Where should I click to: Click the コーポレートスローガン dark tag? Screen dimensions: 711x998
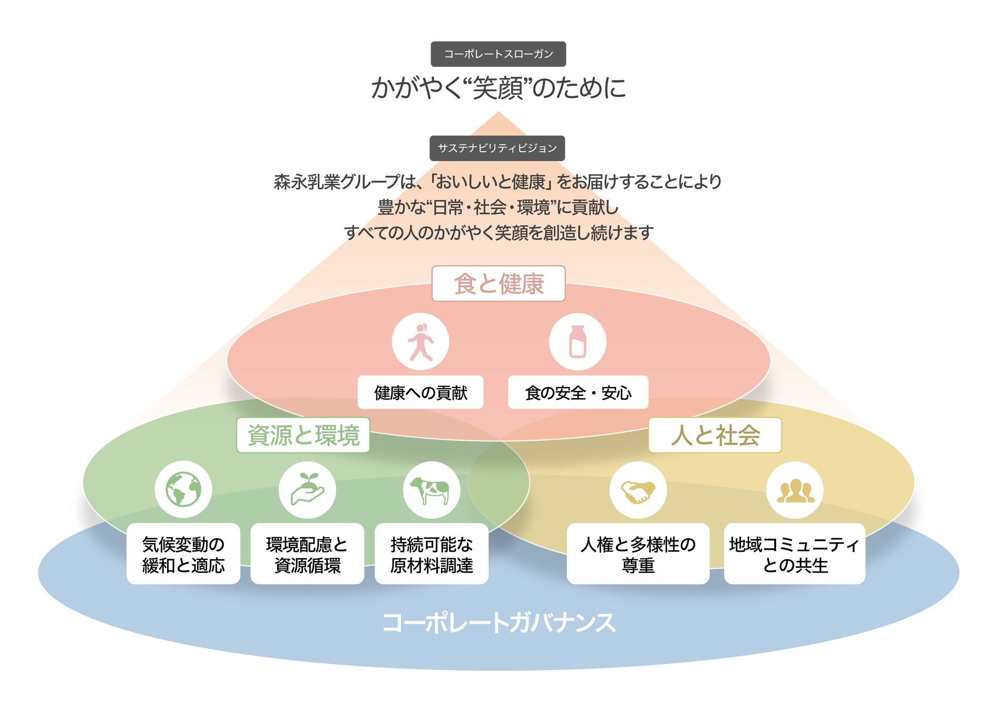(x=498, y=54)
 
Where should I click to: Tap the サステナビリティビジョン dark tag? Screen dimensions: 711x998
(x=497, y=148)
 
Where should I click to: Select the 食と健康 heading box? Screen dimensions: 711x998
(x=498, y=284)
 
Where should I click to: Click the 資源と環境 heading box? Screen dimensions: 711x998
(x=303, y=435)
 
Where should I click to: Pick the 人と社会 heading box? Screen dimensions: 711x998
(x=715, y=435)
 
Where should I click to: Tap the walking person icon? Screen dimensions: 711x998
(x=420, y=342)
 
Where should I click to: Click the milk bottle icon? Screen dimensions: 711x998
(x=578, y=342)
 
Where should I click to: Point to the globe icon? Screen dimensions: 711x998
(x=183, y=489)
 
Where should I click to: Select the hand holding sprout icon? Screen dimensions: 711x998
(x=307, y=489)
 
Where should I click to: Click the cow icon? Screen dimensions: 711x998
(x=431, y=490)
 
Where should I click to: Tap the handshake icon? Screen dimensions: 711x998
(x=638, y=490)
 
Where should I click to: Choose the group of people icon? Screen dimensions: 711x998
(x=795, y=490)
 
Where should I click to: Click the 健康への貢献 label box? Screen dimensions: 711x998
(x=420, y=392)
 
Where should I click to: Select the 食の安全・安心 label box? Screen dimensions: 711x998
(x=578, y=392)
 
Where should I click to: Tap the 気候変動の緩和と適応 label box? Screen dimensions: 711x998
(x=183, y=554)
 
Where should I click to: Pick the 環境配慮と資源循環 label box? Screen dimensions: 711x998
(x=307, y=554)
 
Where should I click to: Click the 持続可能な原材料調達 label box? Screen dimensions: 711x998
(x=432, y=554)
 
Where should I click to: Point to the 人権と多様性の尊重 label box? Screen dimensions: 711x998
(x=638, y=554)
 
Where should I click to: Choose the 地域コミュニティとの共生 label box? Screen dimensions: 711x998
(x=795, y=554)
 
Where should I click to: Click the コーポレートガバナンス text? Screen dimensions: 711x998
(x=498, y=623)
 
